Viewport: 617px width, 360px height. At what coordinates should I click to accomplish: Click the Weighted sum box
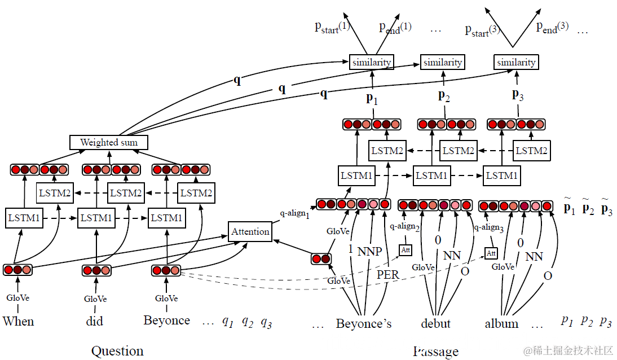108,142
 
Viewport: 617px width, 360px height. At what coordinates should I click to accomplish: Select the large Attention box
250,231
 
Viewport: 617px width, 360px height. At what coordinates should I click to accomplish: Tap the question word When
18,322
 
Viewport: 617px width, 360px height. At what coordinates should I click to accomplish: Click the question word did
95,322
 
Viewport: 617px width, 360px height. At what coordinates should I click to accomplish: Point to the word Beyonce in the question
166,321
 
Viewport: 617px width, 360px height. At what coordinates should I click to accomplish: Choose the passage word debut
435,323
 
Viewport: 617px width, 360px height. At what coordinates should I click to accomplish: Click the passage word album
501,323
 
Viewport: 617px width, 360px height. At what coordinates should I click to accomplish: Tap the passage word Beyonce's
364,323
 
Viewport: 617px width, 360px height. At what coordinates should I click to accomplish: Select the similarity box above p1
371,62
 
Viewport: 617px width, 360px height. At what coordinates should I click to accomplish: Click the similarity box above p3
516,62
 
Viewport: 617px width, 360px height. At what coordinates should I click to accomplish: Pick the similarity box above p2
442,62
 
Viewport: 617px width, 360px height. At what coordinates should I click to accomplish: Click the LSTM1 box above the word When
24,217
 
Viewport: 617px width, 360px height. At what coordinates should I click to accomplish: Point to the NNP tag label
370,252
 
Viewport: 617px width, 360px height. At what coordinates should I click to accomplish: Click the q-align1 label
295,214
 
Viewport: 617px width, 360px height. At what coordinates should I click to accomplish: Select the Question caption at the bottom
117,351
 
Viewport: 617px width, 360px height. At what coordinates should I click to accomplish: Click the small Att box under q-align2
405,249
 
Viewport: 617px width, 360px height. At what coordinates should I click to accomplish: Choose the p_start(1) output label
332,27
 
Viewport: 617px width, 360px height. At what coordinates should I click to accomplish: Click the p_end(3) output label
552,27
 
